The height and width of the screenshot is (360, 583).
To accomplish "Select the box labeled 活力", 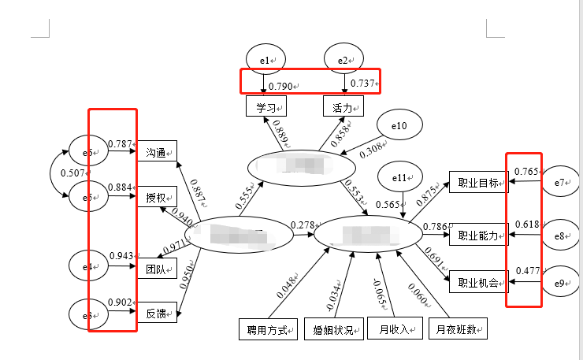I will coord(343,106).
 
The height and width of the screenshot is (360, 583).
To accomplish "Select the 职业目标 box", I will coord(477,183).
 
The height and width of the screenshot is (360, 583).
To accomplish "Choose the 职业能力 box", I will coord(477,236).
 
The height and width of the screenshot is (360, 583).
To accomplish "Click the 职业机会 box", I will coord(477,281).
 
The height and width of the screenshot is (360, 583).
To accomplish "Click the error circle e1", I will coord(266,58).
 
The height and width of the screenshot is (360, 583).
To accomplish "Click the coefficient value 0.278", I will coord(302,225).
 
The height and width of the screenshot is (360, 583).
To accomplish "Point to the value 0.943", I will coord(120,256).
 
